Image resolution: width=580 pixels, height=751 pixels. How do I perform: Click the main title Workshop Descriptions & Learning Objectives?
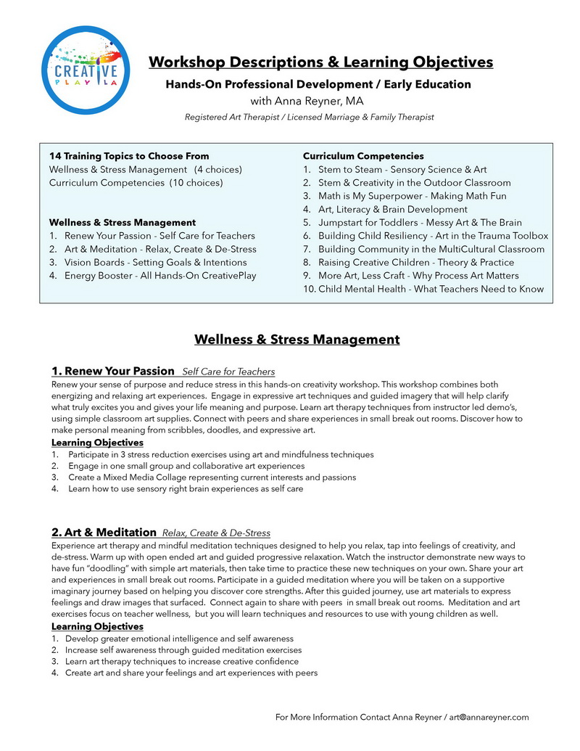tap(320, 62)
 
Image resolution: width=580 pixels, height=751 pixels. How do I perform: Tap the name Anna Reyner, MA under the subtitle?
tap(307, 101)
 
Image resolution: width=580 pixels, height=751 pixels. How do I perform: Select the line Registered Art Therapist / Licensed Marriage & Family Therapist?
tap(309, 117)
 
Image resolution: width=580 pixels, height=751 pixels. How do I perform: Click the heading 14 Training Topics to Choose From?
tap(129, 156)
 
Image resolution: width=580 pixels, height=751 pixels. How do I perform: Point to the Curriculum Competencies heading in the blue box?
tap(363, 156)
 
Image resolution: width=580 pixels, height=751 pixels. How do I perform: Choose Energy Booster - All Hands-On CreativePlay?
tap(159, 276)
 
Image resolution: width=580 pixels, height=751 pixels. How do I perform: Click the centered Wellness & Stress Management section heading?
tap(297, 339)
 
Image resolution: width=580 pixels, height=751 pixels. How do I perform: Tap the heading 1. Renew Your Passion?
tap(113, 371)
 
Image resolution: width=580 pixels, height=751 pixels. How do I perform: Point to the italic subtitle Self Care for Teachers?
tap(228, 372)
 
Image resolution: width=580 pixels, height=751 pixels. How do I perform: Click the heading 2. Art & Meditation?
tap(104, 532)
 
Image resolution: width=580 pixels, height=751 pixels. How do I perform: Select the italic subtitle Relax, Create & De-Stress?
tap(216, 533)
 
